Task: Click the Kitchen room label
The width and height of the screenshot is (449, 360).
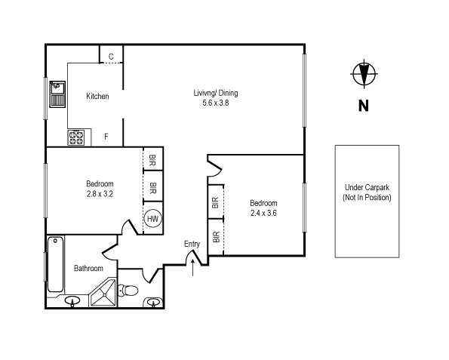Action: [97, 97]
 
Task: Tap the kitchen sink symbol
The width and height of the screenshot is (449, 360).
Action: [57, 95]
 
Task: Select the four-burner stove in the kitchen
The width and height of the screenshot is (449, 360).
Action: [76, 137]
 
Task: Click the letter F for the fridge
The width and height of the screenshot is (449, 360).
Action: [106, 137]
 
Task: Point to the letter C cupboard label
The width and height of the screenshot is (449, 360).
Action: [111, 57]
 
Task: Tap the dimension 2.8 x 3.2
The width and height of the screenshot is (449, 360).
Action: [100, 194]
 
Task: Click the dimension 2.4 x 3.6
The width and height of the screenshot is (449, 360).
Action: [263, 213]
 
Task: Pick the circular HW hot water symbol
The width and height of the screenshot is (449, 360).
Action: [153, 218]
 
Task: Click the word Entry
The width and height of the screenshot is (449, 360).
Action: [192, 244]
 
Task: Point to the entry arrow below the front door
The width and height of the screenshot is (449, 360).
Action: [195, 266]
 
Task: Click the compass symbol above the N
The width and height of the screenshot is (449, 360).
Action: [364, 73]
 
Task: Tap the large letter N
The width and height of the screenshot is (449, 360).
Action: [364, 106]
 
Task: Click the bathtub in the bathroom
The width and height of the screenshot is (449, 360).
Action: [55, 264]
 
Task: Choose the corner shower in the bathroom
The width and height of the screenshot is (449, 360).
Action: [103, 294]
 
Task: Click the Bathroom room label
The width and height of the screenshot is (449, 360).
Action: [88, 268]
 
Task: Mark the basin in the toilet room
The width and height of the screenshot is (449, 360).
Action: [154, 303]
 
